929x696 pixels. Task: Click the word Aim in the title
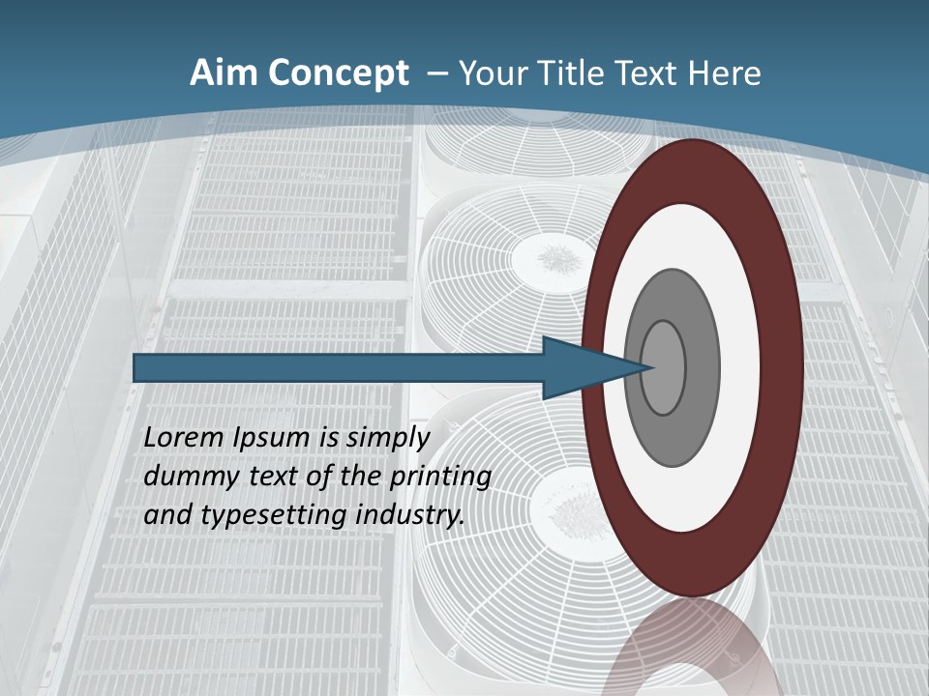(x=225, y=73)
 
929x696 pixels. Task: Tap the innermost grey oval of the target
(x=664, y=367)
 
